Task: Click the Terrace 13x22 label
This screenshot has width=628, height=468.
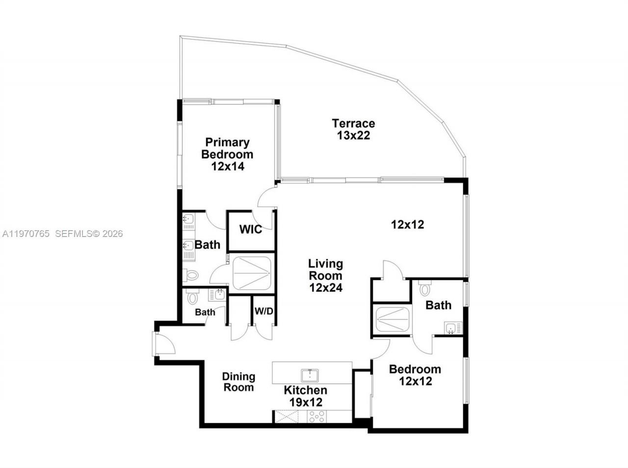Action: point(353,130)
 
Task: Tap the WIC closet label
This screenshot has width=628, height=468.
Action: point(250,230)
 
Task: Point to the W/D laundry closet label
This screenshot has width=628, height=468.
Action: point(263,311)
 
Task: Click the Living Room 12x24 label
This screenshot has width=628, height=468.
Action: point(325,276)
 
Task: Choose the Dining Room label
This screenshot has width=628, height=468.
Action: point(239,382)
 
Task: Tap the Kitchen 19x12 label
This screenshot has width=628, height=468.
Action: point(305,396)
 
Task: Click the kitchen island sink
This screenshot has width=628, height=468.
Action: point(310,375)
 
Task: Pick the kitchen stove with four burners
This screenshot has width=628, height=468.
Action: point(316,417)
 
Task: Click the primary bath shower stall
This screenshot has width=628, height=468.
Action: point(252,273)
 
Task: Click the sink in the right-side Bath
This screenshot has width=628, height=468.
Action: point(452,328)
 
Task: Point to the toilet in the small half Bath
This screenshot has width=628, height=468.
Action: point(192,297)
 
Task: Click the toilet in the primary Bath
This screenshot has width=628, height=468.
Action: point(190,275)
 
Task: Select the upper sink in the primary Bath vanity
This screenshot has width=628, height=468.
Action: point(188,221)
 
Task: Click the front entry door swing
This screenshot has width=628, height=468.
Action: point(165,343)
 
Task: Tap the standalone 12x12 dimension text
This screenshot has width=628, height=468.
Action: point(407,225)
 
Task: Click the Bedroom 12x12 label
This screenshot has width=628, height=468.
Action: point(415,375)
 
